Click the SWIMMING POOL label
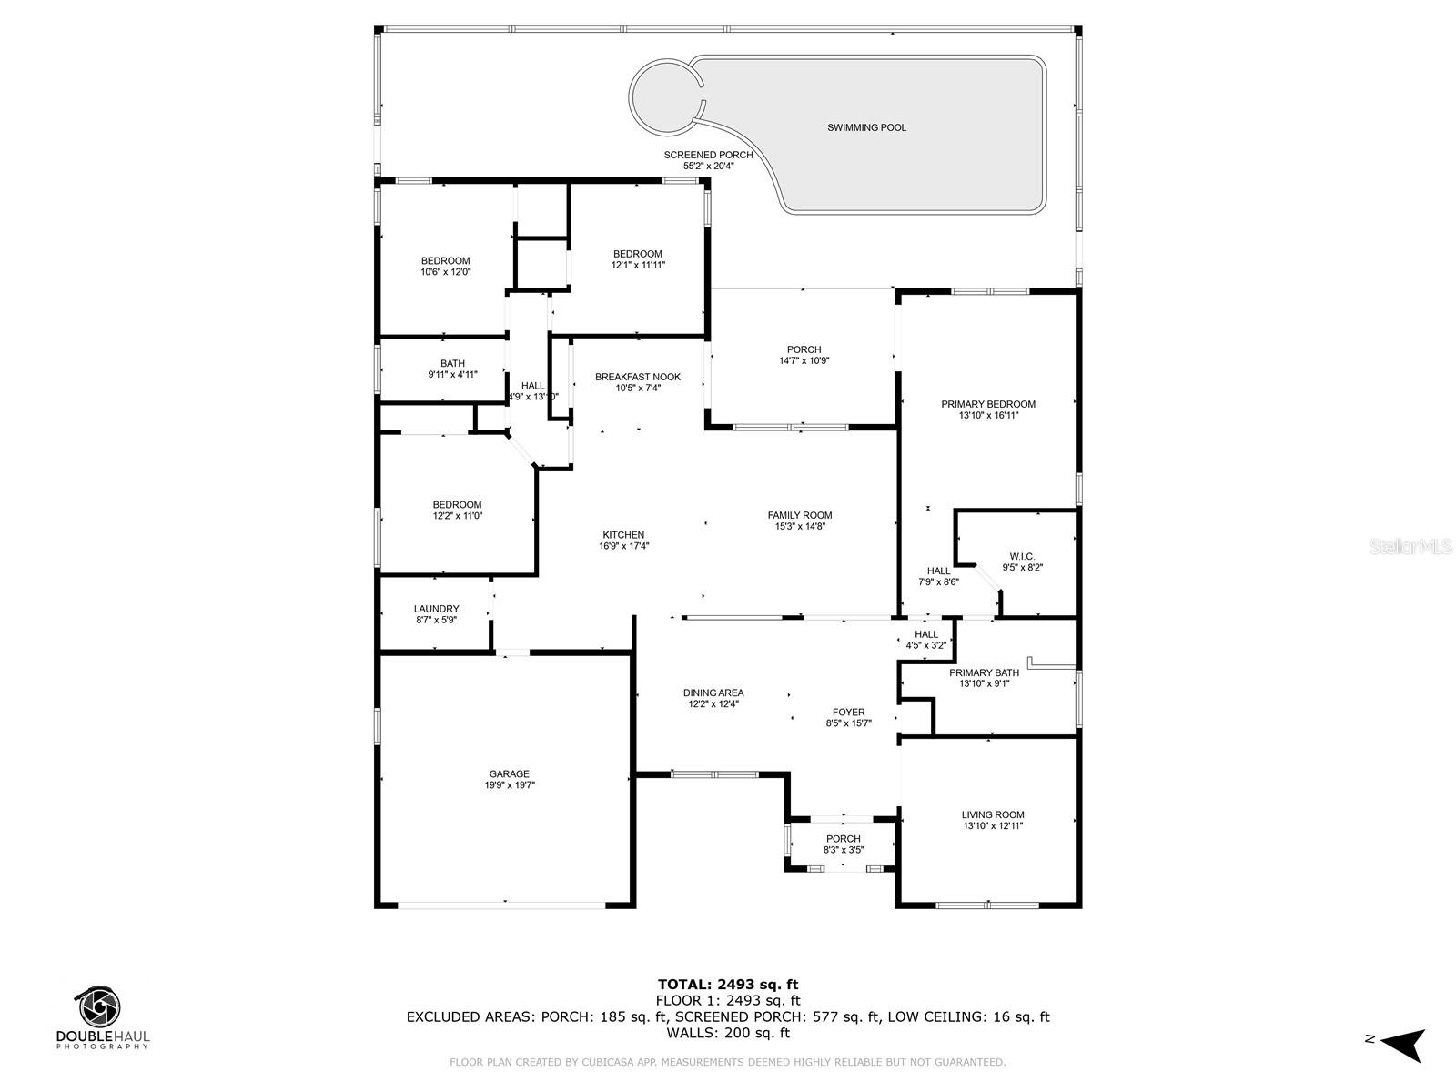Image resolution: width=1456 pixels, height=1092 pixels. coord(866,128)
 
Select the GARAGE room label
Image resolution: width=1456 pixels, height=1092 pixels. coord(509,774)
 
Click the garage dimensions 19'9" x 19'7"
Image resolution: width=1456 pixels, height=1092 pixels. coord(509,785)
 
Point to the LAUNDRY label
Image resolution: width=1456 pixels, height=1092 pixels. coord(436,609)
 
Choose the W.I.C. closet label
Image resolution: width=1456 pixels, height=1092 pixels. coord(1022,556)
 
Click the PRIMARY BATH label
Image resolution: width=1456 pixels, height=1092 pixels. coord(984,672)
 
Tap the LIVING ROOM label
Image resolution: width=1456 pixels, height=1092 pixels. coord(993,815)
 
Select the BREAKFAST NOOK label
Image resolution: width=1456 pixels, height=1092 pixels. coord(637,377)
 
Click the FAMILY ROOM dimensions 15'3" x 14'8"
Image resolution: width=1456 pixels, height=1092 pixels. coord(800,526)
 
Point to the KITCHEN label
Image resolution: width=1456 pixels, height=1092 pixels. coord(623,535)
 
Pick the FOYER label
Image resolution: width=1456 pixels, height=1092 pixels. coord(848,713)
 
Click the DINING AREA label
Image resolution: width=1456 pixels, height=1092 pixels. coord(713,693)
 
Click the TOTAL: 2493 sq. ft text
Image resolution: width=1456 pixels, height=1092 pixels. coord(727,984)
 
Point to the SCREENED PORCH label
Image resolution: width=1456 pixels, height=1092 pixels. coord(708,155)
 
